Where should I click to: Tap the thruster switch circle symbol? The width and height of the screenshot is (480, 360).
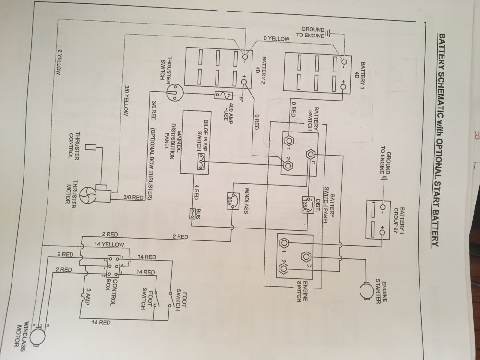(x=173, y=92)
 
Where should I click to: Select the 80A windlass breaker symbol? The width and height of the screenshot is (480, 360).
(x=232, y=201)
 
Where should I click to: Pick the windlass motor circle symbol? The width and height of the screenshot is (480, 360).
(x=37, y=336)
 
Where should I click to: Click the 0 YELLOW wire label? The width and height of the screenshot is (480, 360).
(x=276, y=39)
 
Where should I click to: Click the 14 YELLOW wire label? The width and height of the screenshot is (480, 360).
(x=109, y=245)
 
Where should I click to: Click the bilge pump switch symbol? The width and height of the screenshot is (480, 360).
(x=202, y=161)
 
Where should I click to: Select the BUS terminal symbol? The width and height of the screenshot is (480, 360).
(x=192, y=214)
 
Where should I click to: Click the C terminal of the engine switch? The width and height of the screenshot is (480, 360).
(x=306, y=256)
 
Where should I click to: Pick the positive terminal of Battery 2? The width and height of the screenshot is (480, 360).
(x=244, y=82)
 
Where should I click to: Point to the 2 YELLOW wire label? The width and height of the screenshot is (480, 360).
(x=60, y=62)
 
